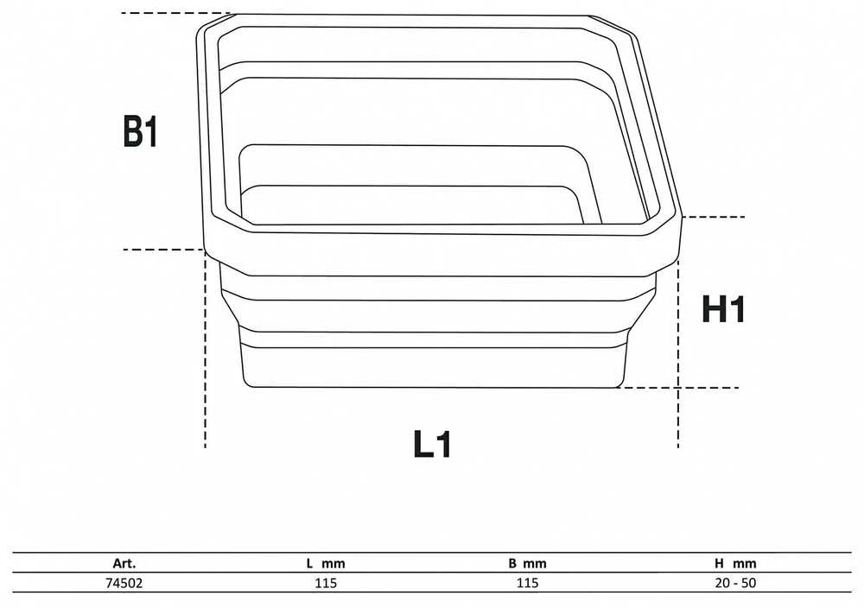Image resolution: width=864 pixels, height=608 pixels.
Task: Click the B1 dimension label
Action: pyautogui.click(x=141, y=131)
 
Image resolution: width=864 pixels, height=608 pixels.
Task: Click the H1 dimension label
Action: pyautogui.click(x=723, y=309)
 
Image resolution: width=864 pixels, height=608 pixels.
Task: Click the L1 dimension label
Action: pyautogui.click(x=433, y=444)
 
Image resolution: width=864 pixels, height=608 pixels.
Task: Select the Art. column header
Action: pyautogui.click(x=124, y=563)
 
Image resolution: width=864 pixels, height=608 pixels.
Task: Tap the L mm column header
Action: pyautogui.click(x=326, y=563)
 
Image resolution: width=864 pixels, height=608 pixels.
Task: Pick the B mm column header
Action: pyautogui.click(x=527, y=563)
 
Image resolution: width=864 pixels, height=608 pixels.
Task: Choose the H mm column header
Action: pyautogui.click(x=735, y=563)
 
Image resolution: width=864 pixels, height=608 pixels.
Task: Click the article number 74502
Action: pyautogui.click(x=124, y=583)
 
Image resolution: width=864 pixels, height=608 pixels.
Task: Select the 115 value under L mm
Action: pyautogui.click(x=326, y=583)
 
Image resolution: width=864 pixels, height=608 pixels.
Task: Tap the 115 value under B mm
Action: pyautogui.click(x=527, y=583)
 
